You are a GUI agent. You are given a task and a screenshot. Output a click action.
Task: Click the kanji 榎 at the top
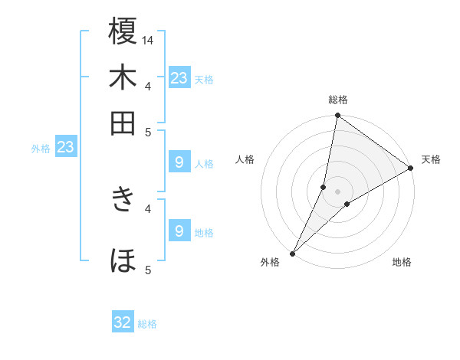pos(123,33)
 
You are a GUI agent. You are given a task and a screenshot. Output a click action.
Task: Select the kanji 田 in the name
pos(123,123)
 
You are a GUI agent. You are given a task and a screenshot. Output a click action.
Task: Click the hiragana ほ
pos(123,260)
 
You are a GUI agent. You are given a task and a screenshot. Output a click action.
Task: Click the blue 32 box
pos(123,322)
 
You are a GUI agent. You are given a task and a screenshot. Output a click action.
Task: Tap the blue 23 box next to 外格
pos(65,147)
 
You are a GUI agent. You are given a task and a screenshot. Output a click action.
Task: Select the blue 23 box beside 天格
pos(179,77)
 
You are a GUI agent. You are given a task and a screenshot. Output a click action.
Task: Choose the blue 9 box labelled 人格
pos(179,162)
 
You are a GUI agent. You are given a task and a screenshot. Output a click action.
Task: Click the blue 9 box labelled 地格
pos(179,231)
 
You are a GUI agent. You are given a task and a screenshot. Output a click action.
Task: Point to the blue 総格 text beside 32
pos(147,324)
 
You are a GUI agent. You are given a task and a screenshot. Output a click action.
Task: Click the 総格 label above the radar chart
pos(338,100)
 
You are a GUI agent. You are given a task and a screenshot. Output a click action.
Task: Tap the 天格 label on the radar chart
pos(431,159)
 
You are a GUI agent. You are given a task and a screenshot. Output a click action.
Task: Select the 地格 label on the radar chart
pos(402,263)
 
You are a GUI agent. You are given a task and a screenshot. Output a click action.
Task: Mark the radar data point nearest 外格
pos(292,254)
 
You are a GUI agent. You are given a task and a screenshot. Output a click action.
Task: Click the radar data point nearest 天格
pos(411,168)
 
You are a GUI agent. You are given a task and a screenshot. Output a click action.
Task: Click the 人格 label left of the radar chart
pos(245,159)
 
